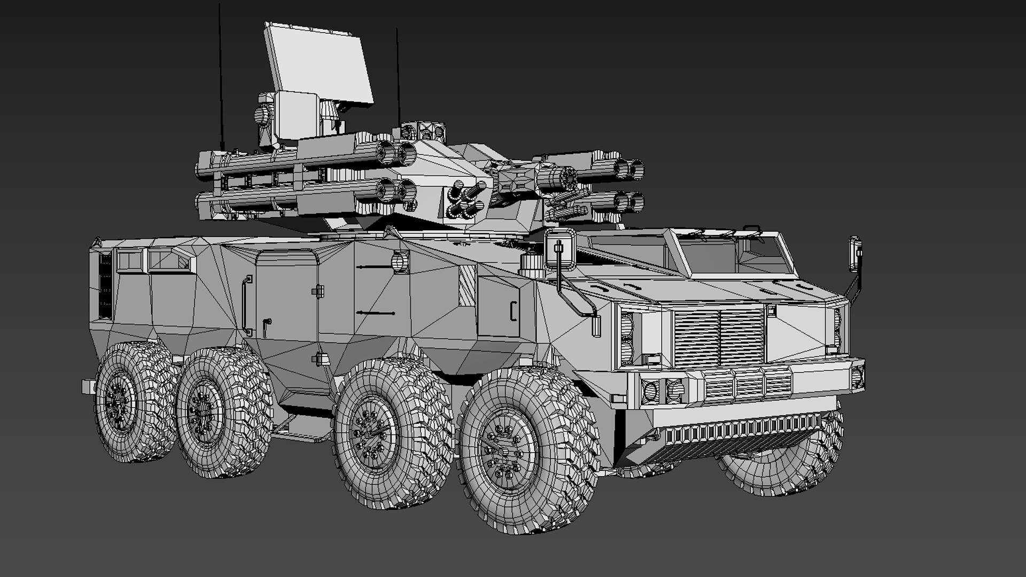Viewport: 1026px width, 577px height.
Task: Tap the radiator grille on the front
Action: pyautogui.click(x=719, y=337)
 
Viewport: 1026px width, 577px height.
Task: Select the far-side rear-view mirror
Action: pyautogui.click(x=856, y=255)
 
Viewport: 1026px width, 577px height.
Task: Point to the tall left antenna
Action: pyautogui.click(x=220, y=75)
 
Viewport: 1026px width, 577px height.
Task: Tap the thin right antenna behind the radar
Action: pyautogui.click(x=398, y=75)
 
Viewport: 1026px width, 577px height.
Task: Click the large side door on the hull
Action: pyautogui.click(x=286, y=305)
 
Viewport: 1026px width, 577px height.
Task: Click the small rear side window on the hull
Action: pyautogui.click(x=130, y=261)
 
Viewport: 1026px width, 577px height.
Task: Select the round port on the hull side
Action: pyautogui.click(x=400, y=261)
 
